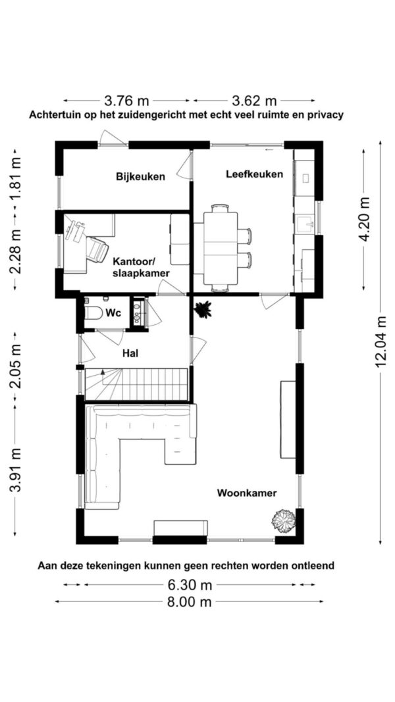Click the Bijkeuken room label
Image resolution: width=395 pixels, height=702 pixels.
tap(140, 176)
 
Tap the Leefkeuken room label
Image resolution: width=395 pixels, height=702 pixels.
tap(254, 174)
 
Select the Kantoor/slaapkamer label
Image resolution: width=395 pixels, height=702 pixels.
tap(140, 266)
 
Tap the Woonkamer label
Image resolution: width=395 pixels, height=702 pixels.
tap(247, 493)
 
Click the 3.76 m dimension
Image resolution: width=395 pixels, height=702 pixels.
tap(127, 101)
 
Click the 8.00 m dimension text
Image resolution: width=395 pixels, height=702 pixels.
tap(189, 601)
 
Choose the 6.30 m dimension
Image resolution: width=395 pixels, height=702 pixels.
tap(189, 584)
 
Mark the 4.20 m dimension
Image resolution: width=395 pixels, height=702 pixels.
tap(364, 219)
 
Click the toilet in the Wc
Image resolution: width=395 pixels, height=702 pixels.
tap(92, 314)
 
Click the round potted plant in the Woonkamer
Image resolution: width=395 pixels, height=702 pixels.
tap(284, 521)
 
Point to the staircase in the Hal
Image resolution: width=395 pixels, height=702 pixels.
tap(137, 383)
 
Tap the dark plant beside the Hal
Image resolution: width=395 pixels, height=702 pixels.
tap(202, 309)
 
